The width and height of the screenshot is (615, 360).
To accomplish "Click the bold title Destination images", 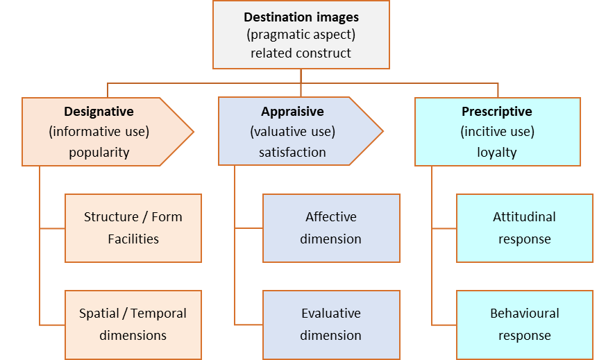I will pyautogui.click(x=301, y=17).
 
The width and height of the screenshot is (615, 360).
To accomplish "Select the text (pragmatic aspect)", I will pyautogui.click(x=301, y=35).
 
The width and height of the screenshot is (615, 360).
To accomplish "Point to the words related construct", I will pyautogui.click(x=301, y=53).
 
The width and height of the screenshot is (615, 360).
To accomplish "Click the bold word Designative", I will pyautogui.click(x=99, y=111).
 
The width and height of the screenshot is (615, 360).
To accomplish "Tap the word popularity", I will pyautogui.click(x=99, y=153).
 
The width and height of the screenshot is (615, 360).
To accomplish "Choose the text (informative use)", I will pyautogui.click(x=99, y=132).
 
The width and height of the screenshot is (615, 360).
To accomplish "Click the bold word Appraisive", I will pyautogui.click(x=292, y=111).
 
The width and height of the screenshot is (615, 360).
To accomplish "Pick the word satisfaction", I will pyautogui.click(x=292, y=153).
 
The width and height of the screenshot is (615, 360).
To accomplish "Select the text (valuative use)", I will pyautogui.click(x=292, y=132).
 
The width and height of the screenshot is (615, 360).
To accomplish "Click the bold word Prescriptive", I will pyautogui.click(x=497, y=111).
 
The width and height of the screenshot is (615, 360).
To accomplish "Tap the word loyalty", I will pyautogui.click(x=497, y=153).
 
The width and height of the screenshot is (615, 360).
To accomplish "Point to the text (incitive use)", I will pyautogui.click(x=497, y=132).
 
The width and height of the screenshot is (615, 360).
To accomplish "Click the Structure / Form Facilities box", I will pyautogui.click(x=133, y=228).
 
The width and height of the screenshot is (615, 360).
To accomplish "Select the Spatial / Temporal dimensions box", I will pyautogui.click(x=133, y=325).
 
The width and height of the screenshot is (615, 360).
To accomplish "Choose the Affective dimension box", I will pyautogui.click(x=331, y=228).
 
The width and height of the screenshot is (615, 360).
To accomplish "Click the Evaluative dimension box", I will pyautogui.click(x=331, y=325).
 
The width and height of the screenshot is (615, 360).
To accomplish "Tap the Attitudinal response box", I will pyautogui.click(x=525, y=228).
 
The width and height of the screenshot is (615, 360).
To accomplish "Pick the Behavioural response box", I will pyautogui.click(x=525, y=325).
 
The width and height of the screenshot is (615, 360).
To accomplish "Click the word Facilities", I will pyautogui.click(x=133, y=239).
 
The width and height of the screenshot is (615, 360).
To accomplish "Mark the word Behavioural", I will pyautogui.click(x=525, y=314).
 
